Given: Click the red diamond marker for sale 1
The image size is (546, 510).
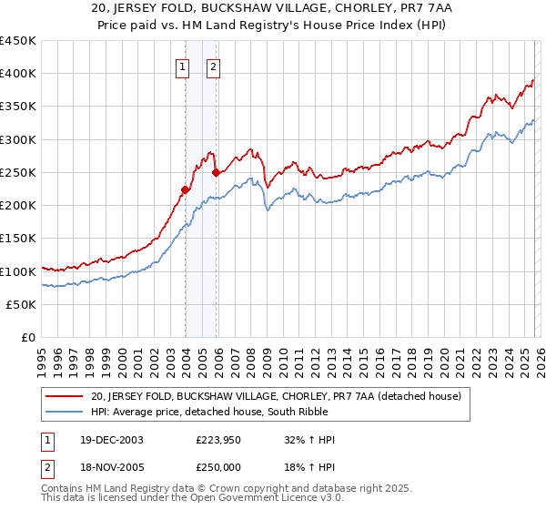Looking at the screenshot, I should [x=186, y=190].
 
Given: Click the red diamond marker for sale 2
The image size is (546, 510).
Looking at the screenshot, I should [x=216, y=172].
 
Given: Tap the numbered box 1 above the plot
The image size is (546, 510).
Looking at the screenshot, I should [x=183, y=66].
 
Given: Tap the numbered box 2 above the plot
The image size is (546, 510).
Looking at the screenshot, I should [x=213, y=66].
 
